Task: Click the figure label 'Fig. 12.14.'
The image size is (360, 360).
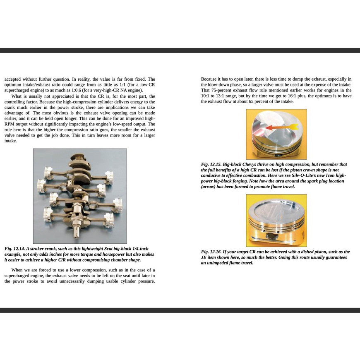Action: pos(14,249)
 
